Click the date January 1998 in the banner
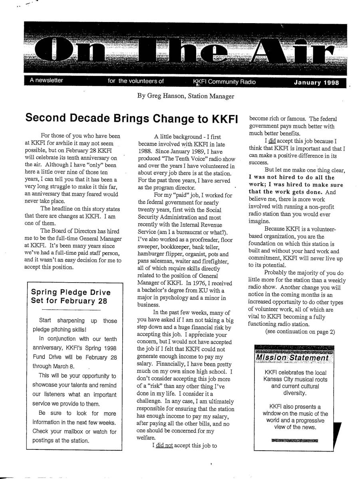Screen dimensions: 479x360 (316, 83)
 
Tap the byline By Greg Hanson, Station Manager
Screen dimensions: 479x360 (185, 96)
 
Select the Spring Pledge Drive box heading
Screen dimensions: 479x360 (71, 296)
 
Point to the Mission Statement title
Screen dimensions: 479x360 (292, 357)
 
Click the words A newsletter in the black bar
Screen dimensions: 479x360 (46, 80)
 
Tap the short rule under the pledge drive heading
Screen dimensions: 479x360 (71, 310)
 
